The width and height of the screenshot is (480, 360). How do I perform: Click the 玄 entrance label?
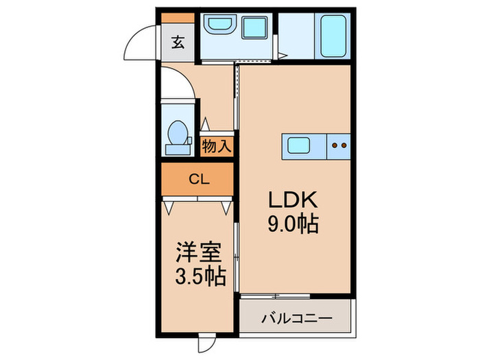[x=178, y=43]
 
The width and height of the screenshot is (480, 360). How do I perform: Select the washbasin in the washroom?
[x=220, y=27]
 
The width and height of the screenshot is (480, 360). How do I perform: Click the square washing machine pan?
[x=256, y=29]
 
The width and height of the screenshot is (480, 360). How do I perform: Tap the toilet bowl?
[x=178, y=132]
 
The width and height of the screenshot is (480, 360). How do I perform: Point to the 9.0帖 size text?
[x=291, y=224]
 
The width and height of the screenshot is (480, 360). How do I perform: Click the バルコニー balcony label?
[x=296, y=319]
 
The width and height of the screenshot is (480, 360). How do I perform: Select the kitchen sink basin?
[x=298, y=145]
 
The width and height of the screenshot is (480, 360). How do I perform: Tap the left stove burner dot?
[x=334, y=145]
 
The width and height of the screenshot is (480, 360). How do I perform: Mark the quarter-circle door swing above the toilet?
[x=180, y=83]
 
